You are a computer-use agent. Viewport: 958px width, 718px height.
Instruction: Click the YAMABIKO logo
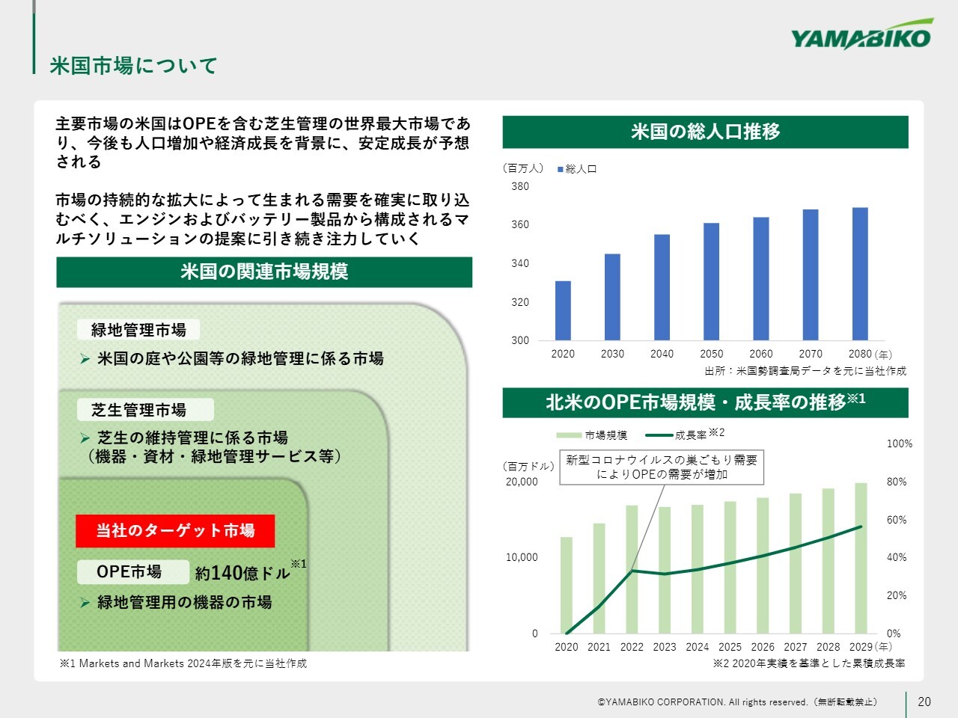(x=861, y=35)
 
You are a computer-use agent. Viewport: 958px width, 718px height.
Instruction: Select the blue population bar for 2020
(x=563, y=310)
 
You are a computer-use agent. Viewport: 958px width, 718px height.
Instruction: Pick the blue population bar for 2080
(x=860, y=274)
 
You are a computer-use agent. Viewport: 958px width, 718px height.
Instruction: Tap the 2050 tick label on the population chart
(x=712, y=354)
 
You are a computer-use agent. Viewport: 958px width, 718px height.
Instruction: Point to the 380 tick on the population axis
(x=520, y=186)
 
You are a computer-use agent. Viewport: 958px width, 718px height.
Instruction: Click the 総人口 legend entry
(x=577, y=169)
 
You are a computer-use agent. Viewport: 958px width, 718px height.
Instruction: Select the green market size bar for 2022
(x=632, y=569)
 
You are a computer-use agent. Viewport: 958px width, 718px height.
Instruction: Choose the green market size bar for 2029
(x=861, y=558)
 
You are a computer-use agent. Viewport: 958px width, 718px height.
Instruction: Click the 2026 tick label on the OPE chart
(x=763, y=647)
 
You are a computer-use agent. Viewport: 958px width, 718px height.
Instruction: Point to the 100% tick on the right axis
(x=900, y=444)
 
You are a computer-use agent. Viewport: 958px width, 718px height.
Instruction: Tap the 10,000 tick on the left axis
(x=522, y=557)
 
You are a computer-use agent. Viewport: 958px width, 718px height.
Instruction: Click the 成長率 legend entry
(x=684, y=435)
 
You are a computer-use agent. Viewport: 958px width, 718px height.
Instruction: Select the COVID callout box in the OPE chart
(x=662, y=467)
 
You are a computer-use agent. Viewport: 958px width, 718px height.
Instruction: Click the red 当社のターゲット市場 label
(x=175, y=531)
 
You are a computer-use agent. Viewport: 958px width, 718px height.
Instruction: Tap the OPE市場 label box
(x=133, y=572)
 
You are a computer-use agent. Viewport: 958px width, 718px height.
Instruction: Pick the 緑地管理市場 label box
(x=138, y=330)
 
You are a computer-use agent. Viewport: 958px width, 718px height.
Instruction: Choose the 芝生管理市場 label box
(x=145, y=410)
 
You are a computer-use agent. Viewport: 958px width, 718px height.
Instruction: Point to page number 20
(x=924, y=702)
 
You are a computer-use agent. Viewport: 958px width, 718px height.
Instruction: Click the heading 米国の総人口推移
(x=705, y=132)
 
